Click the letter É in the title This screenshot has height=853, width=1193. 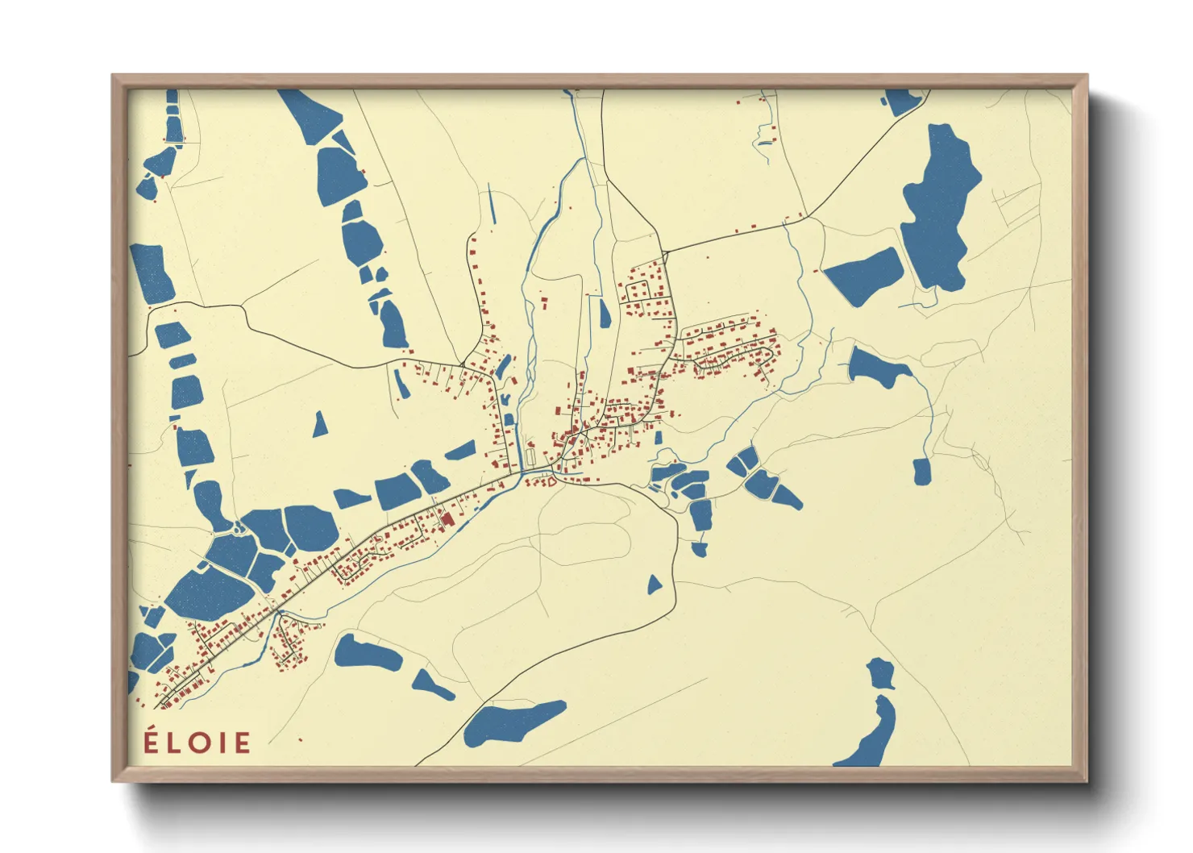(151, 741)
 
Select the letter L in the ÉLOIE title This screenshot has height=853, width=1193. (173, 743)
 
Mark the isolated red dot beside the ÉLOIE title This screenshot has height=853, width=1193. (300, 739)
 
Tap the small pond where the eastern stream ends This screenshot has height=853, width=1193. (922, 471)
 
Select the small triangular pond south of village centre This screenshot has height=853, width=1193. (655, 585)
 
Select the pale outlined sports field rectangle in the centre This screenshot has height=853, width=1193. (530, 456)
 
